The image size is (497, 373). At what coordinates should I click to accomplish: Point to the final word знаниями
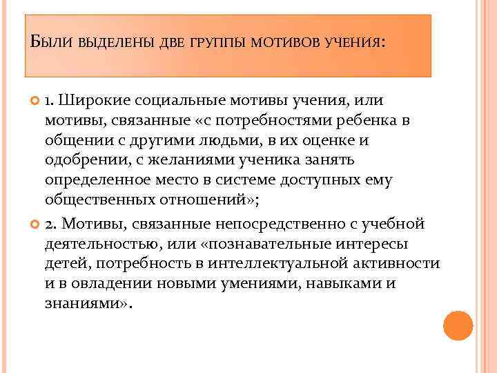(x=82, y=303)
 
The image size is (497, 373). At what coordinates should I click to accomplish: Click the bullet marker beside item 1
(x=37, y=102)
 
